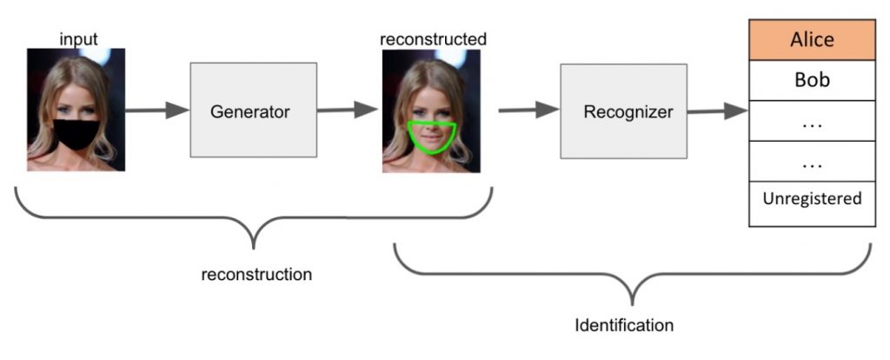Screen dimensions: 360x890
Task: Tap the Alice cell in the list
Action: (812, 40)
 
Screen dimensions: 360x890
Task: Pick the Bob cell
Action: (812, 80)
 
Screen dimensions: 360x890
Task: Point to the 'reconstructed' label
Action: (433, 39)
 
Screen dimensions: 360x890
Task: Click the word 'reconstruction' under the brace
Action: (256, 275)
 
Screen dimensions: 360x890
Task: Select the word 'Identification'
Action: (624, 326)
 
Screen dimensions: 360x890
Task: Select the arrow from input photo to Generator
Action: (157, 110)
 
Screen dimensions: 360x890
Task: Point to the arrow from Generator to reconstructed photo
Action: (347, 110)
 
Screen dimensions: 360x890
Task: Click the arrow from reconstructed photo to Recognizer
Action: (528, 110)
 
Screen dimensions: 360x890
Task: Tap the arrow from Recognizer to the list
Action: (716, 110)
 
